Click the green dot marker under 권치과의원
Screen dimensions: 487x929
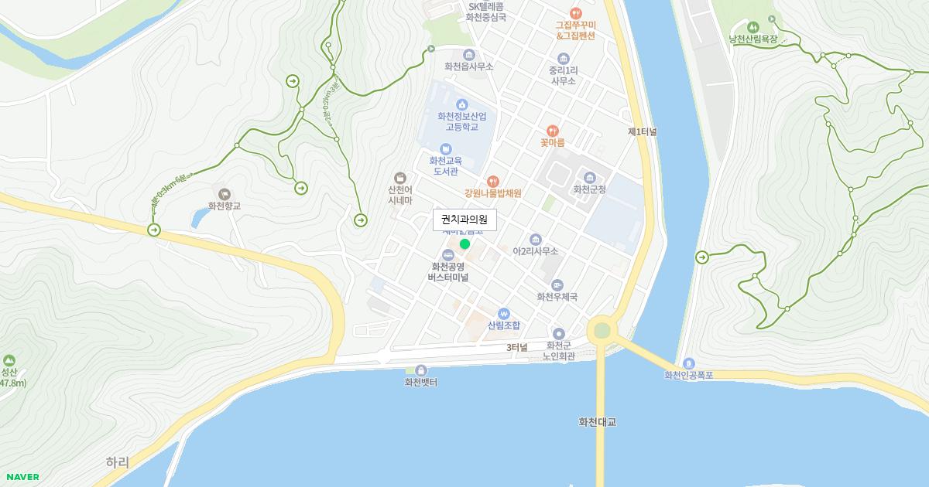[464, 244]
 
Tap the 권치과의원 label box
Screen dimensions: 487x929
[464, 220]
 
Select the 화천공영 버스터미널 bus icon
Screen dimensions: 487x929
[447, 255]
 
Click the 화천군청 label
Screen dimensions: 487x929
[589, 189]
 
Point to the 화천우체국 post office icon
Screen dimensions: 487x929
[557, 285]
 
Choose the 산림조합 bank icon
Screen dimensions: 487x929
[504, 314]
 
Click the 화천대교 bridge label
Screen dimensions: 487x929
[598, 422]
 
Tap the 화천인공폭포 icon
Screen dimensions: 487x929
[688, 363]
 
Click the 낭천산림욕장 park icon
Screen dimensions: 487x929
[755, 27]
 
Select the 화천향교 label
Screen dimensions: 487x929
[225, 206]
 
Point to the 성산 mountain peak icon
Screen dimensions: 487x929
[9, 360]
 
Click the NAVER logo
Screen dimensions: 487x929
[22, 477]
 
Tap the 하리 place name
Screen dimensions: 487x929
[118, 462]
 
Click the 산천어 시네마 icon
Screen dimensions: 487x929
[399, 178]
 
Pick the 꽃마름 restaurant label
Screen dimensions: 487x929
[553, 142]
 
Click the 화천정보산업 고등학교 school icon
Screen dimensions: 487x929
[462, 104]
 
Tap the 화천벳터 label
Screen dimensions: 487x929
[421, 382]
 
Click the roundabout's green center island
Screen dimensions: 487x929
[602, 331]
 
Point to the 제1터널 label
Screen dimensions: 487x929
[643, 132]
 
